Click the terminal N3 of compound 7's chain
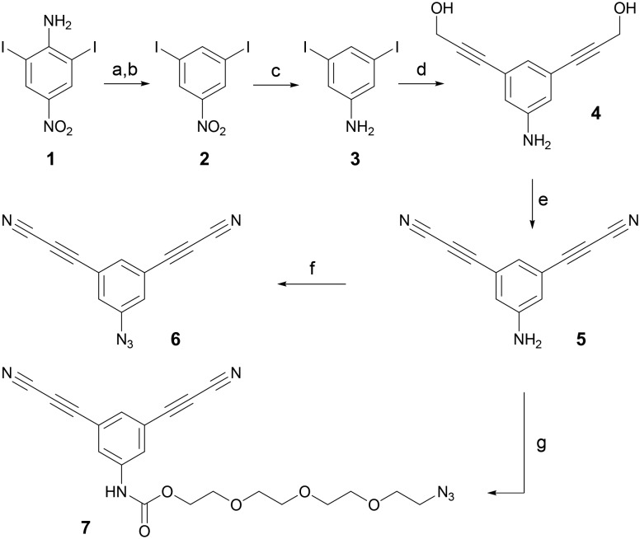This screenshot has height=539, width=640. tap(447, 495)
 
